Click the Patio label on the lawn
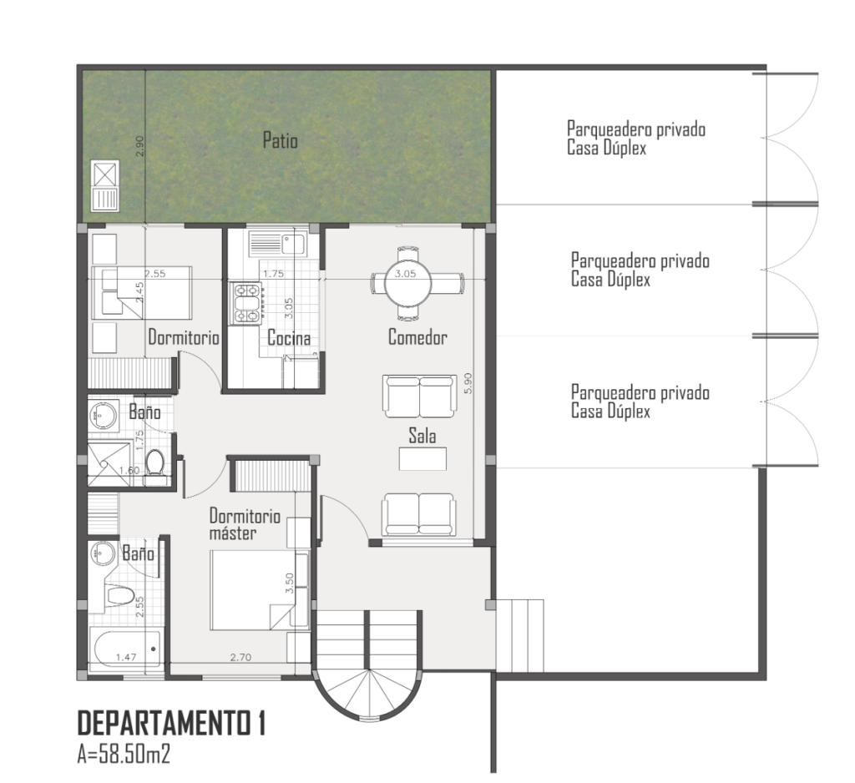[x=281, y=140]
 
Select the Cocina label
[x=289, y=338]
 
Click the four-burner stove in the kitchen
[x=246, y=304]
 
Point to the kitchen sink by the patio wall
[x=277, y=243]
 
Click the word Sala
[x=422, y=435]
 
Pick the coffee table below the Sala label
[x=422, y=458]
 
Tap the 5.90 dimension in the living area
[x=468, y=383]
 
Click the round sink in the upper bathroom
[x=104, y=417]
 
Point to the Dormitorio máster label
[x=245, y=524]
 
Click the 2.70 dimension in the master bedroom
[x=240, y=657]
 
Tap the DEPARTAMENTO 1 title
[x=172, y=724]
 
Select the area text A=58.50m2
[x=124, y=755]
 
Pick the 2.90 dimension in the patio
[x=140, y=146]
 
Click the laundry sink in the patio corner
[x=105, y=186]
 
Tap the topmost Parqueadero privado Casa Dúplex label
[x=635, y=139]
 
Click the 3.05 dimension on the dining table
[x=405, y=273]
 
